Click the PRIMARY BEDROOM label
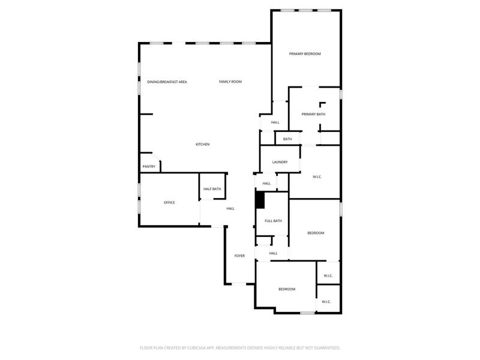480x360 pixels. coord(305,54)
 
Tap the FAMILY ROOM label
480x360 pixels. coord(230,82)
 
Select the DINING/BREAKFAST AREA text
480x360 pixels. coord(167,82)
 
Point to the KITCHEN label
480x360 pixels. coord(202,144)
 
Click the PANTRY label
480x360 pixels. coord(149,166)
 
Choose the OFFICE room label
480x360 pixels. coord(169,203)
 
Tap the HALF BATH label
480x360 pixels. coord(212,189)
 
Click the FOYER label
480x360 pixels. coord(239,256)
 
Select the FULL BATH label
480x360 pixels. coord(273,221)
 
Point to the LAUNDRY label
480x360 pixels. coord(280,162)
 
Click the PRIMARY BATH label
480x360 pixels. coord(313,114)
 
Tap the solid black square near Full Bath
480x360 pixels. coord(260,200)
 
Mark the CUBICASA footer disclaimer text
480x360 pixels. coord(240,347)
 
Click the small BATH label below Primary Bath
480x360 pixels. coord(287,139)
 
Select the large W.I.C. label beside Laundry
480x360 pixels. coord(317,176)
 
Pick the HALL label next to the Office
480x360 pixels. coord(230,208)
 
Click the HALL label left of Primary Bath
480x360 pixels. coord(275,122)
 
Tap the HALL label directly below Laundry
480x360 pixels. coord(266,184)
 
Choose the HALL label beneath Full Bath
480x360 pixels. coord(273,253)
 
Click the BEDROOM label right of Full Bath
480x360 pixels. coord(316,233)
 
